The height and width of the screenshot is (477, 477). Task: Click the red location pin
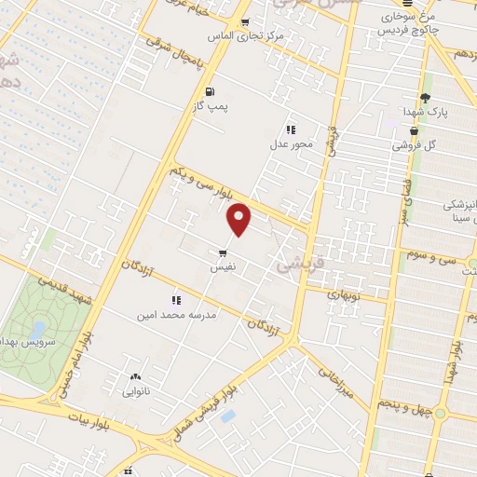point(240,218)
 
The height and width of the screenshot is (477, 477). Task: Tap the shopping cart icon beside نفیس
point(222,252)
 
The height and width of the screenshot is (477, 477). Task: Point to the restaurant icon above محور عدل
point(291,129)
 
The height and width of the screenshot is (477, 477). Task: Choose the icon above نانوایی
point(135,377)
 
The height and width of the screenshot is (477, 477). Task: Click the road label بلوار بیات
point(103,424)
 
